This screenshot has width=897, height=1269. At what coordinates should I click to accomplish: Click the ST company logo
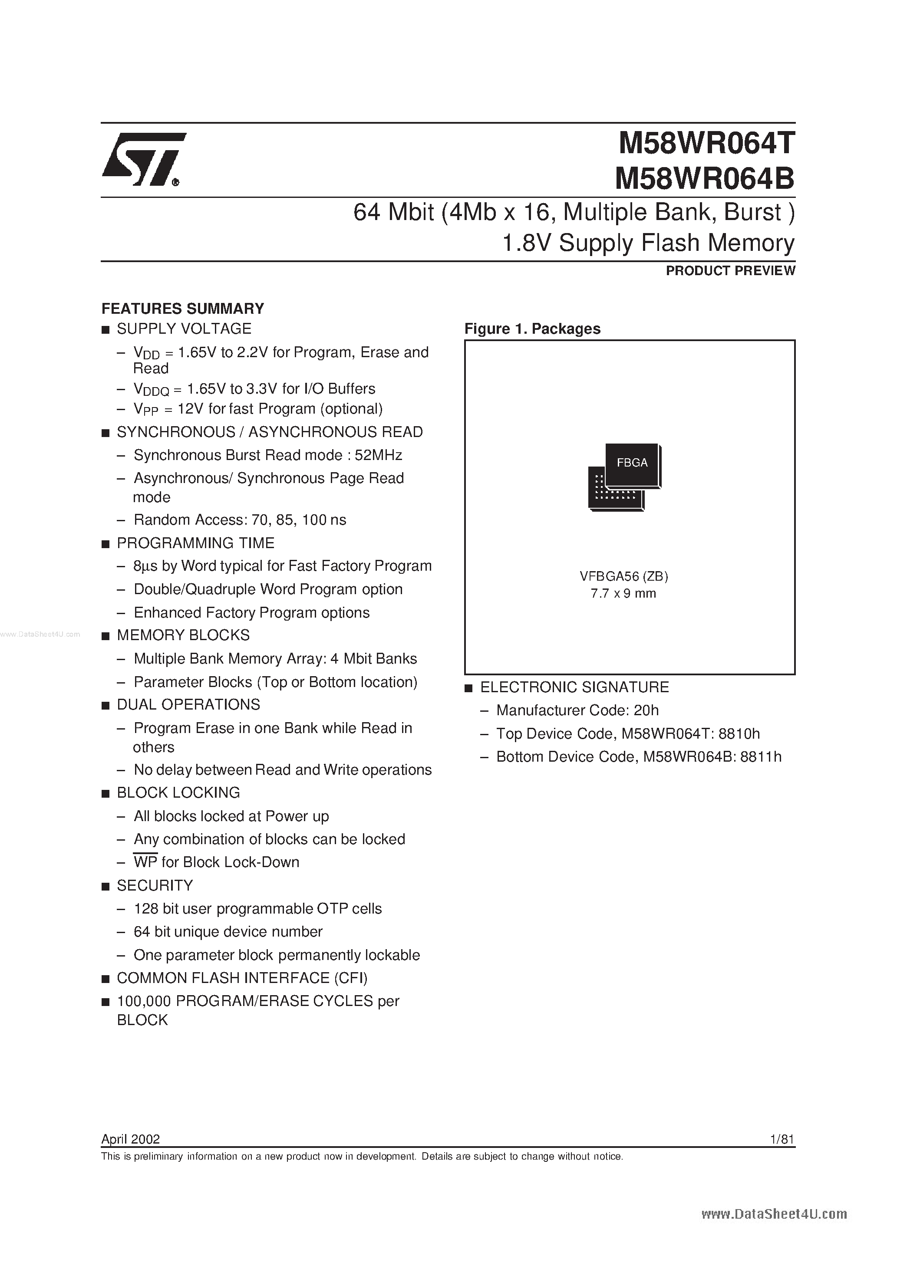[143, 159]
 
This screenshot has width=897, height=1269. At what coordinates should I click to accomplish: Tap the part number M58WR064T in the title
[706, 144]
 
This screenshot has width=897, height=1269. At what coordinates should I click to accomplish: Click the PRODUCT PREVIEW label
[730, 270]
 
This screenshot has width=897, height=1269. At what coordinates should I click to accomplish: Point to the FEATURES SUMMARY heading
[182, 309]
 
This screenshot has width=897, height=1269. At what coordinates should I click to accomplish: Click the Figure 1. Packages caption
[532, 329]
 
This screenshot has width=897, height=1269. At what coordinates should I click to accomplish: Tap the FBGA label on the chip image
[632, 463]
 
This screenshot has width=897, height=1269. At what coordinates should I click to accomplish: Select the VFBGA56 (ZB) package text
[624, 576]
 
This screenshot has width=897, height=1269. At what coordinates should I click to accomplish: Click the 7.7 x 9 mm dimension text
[623, 594]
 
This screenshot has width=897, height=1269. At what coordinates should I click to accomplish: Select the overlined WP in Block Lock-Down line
[145, 862]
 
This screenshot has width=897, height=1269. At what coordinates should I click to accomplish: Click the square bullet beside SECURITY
[106, 887]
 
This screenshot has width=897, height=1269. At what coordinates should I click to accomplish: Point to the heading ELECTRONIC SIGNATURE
[574, 687]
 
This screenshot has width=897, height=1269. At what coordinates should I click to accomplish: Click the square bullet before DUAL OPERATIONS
[106, 705]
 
